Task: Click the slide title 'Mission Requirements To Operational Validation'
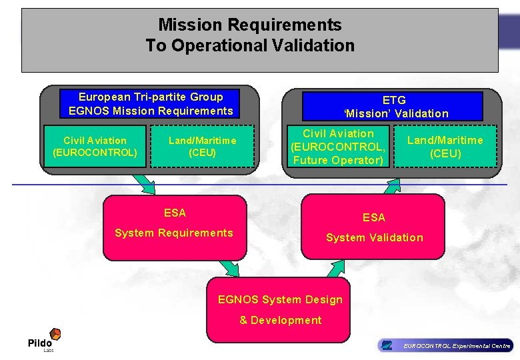[x=250, y=35]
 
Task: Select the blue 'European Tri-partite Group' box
[x=151, y=104]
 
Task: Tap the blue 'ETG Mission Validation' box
[x=393, y=106]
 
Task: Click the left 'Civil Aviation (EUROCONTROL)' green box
[x=95, y=147]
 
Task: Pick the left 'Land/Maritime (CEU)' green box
[x=202, y=147]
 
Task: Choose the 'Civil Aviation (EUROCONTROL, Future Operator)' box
[x=338, y=147]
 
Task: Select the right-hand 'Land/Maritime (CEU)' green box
[x=445, y=147]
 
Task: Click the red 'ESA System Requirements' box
[x=174, y=225]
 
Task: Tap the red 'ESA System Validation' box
[x=373, y=227]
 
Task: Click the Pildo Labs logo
[x=44, y=340]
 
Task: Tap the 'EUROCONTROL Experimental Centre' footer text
[x=457, y=346]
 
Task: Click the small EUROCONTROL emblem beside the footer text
[x=387, y=345]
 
